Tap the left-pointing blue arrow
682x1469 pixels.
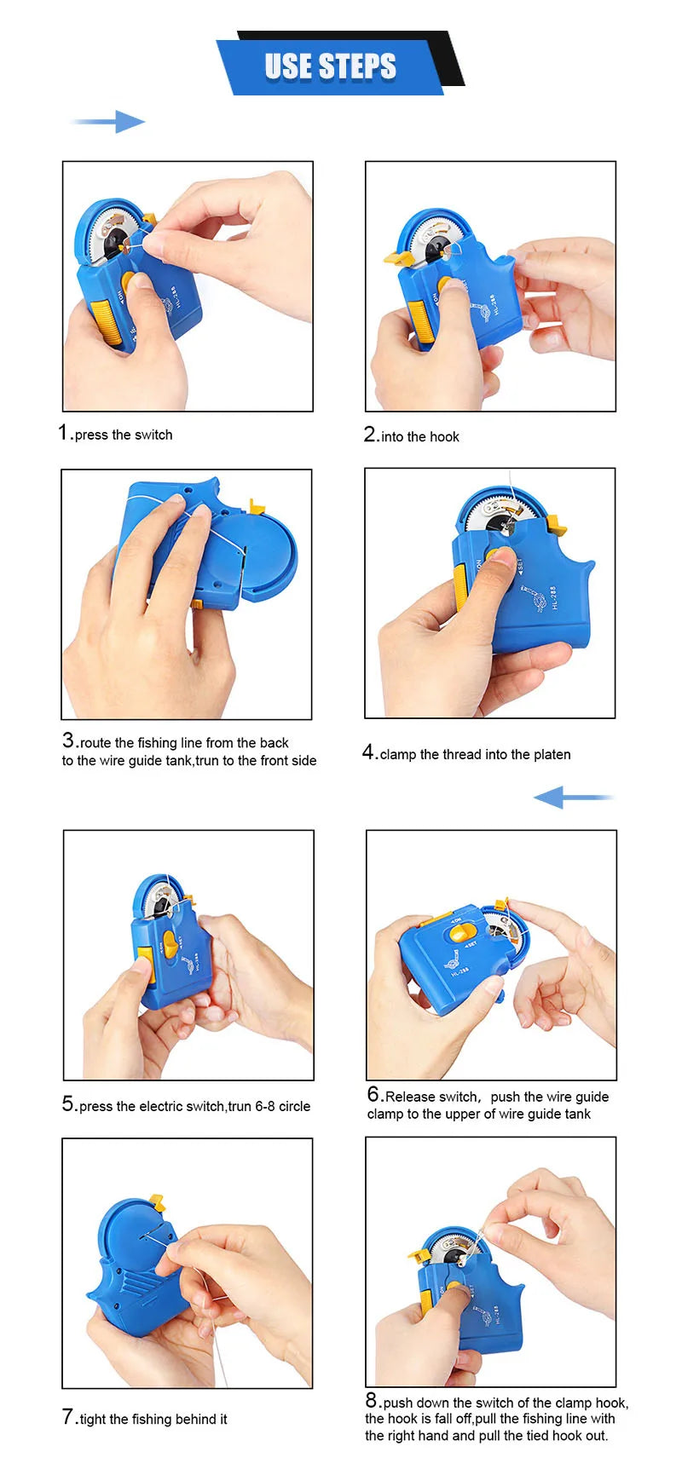tap(573, 798)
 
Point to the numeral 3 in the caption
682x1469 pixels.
tap(69, 740)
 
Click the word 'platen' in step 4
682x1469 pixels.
tap(552, 754)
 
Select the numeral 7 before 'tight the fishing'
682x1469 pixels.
tap(68, 1416)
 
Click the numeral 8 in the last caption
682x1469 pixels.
tap(372, 1400)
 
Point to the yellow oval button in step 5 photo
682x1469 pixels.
tap(170, 944)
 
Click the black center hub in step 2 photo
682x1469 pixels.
tap(436, 249)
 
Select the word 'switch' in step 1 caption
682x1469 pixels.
tap(153, 435)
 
